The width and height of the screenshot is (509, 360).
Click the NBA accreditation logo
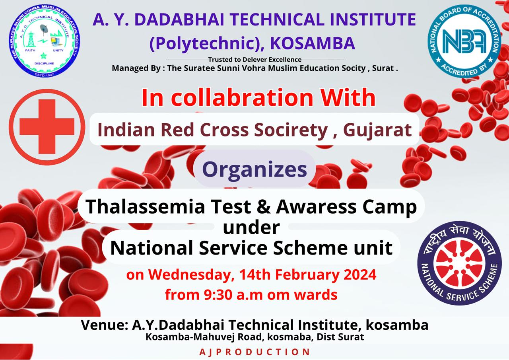[464, 41]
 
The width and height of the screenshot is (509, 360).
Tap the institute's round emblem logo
[44, 41]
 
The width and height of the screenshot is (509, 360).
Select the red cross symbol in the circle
[47, 127]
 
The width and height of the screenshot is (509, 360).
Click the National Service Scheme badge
[460, 263]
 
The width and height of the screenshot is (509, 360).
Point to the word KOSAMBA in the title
[313, 43]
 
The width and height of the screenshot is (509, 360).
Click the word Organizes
[254, 169]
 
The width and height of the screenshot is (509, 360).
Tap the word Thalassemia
[145, 206]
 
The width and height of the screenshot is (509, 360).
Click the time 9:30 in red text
[218, 295]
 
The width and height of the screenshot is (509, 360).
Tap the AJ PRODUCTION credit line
[254, 352]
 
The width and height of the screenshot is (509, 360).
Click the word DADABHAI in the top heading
[179, 19]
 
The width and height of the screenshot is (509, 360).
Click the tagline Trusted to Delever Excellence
[255, 60]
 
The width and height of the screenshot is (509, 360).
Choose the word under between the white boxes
[251, 228]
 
